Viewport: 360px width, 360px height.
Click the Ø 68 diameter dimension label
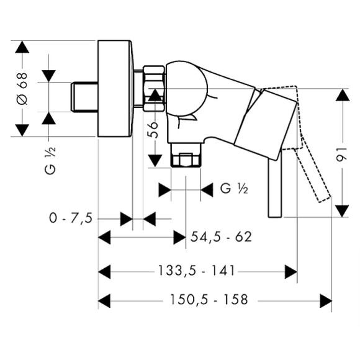22,89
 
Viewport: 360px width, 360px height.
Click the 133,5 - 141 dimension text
193,271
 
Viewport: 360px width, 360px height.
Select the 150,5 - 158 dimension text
209,300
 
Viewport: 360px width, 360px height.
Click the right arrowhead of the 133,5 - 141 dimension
290,271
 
